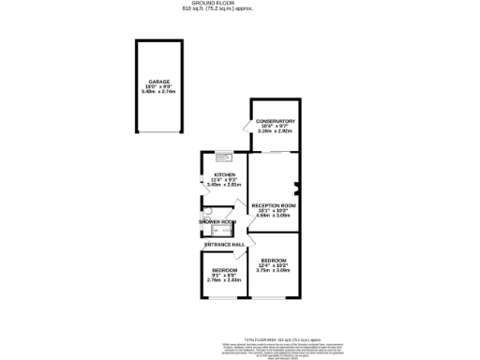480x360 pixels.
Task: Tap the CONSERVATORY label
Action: pyautogui.click(x=277, y=121)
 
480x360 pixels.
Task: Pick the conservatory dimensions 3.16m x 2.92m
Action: pyautogui.click(x=277, y=132)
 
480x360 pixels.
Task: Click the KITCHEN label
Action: pyautogui.click(x=224, y=174)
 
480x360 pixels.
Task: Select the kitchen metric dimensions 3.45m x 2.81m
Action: pyautogui.click(x=224, y=186)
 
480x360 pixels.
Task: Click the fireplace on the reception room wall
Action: pyautogui.click(x=296, y=185)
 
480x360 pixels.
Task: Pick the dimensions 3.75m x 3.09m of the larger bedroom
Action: pyautogui.click(x=274, y=270)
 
